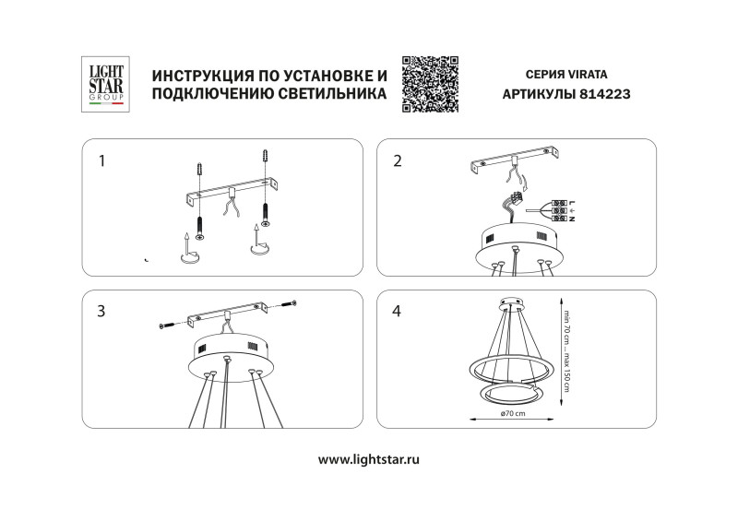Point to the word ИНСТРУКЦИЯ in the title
tap(197, 74)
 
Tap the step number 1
tap(101, 160)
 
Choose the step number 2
tap(398, 160)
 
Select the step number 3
tap(101, 311)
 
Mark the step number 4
tap(398, 311)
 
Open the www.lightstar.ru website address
tap(368, 458)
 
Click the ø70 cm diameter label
tap(512, 415)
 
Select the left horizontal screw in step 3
tap(168, 325)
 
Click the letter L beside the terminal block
tap(573, 203)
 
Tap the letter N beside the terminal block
tap(573, 219)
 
